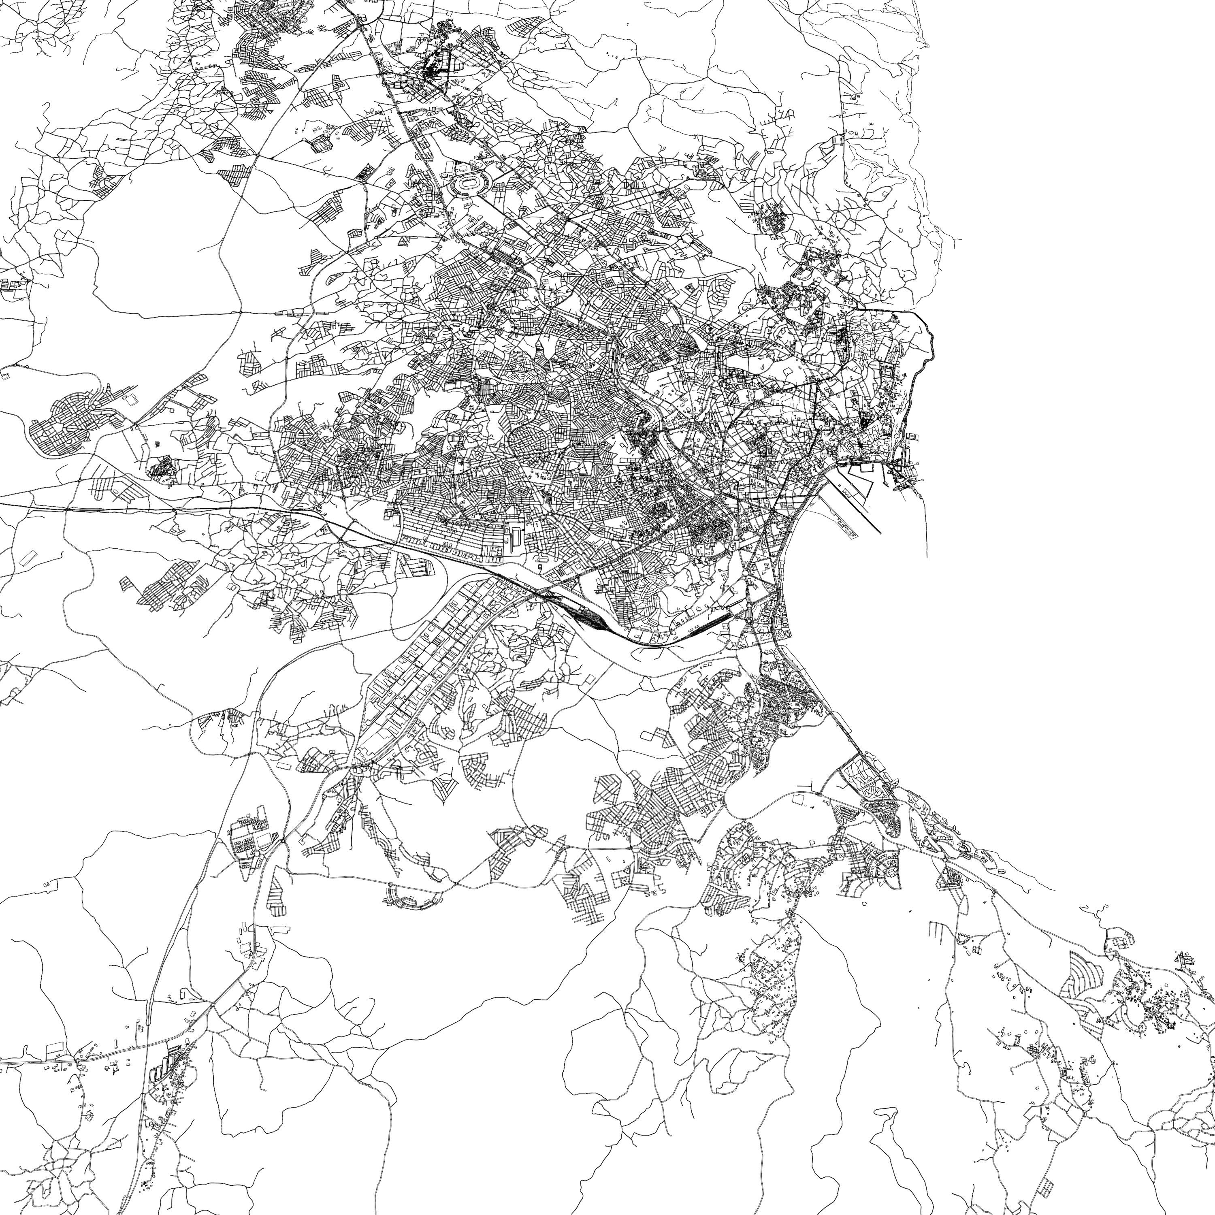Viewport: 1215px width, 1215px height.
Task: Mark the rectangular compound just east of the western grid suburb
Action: click(130, 399)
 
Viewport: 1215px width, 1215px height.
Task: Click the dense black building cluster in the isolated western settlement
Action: click(162, 469)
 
